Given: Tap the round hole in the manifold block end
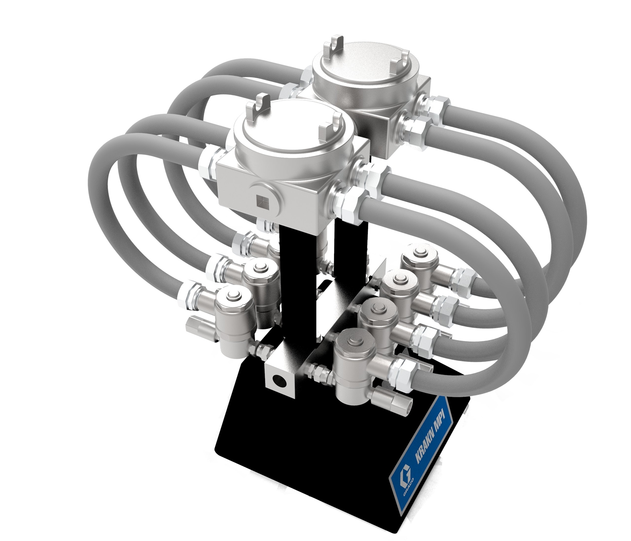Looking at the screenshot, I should click(x=280, y=381).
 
